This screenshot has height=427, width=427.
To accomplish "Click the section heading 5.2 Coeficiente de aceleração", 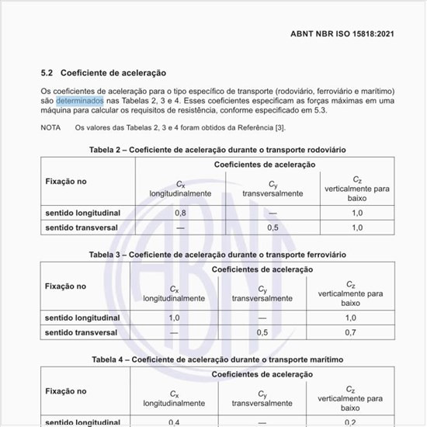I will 103,72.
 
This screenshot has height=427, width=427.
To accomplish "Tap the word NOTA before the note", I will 51,127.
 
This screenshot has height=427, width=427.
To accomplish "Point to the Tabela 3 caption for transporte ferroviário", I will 217,254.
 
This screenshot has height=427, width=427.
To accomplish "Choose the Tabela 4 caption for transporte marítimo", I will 217,359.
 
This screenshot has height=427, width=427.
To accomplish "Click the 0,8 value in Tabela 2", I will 180,212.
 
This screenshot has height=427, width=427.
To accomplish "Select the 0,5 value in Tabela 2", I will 273,227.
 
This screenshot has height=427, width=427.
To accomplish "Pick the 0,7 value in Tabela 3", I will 351,332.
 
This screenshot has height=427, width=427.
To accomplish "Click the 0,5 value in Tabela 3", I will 262,332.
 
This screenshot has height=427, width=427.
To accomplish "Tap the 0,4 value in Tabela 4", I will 174,422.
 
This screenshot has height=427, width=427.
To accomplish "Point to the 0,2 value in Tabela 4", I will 351,422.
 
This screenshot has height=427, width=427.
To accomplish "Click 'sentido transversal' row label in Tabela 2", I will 82,227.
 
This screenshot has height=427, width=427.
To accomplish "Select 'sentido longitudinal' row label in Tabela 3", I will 82,318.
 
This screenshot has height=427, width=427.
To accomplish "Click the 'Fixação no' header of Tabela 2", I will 66,181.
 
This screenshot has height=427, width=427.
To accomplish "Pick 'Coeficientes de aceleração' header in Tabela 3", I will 262,269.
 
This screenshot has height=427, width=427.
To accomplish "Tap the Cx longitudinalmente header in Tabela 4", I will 174,398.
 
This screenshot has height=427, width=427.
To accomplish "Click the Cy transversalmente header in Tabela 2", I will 273,188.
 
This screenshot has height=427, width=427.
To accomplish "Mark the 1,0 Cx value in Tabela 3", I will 174,318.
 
